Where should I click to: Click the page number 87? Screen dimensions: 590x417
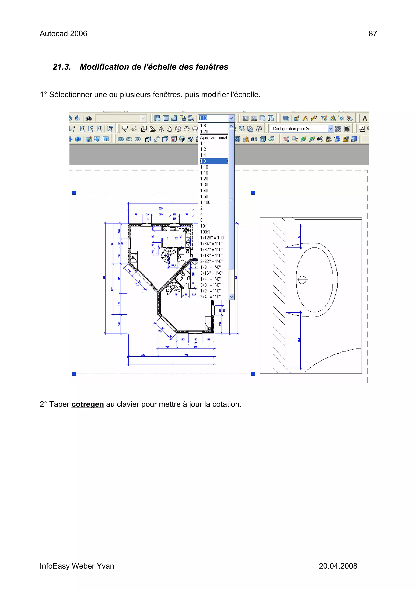pos(373,34)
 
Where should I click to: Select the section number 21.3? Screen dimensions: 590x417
pos(62,67)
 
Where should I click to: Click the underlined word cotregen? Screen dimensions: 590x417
pos(87,404)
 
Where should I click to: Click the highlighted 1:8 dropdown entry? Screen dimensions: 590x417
pos(214,161)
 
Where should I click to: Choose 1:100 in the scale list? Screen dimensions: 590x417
pos(205,202)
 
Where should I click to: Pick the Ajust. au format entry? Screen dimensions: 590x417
pos(214,138)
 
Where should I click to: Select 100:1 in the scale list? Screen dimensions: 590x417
pos(205,232)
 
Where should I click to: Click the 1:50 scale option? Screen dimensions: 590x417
pos(204,197)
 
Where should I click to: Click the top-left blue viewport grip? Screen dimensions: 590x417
pos(74,193)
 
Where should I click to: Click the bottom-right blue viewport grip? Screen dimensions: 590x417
pos(253,374)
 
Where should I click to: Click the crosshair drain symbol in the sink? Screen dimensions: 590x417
pos(302,280)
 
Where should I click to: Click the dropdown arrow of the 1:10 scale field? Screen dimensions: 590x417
pos(231,118)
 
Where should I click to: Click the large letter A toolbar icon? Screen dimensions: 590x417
pos(365,119)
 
